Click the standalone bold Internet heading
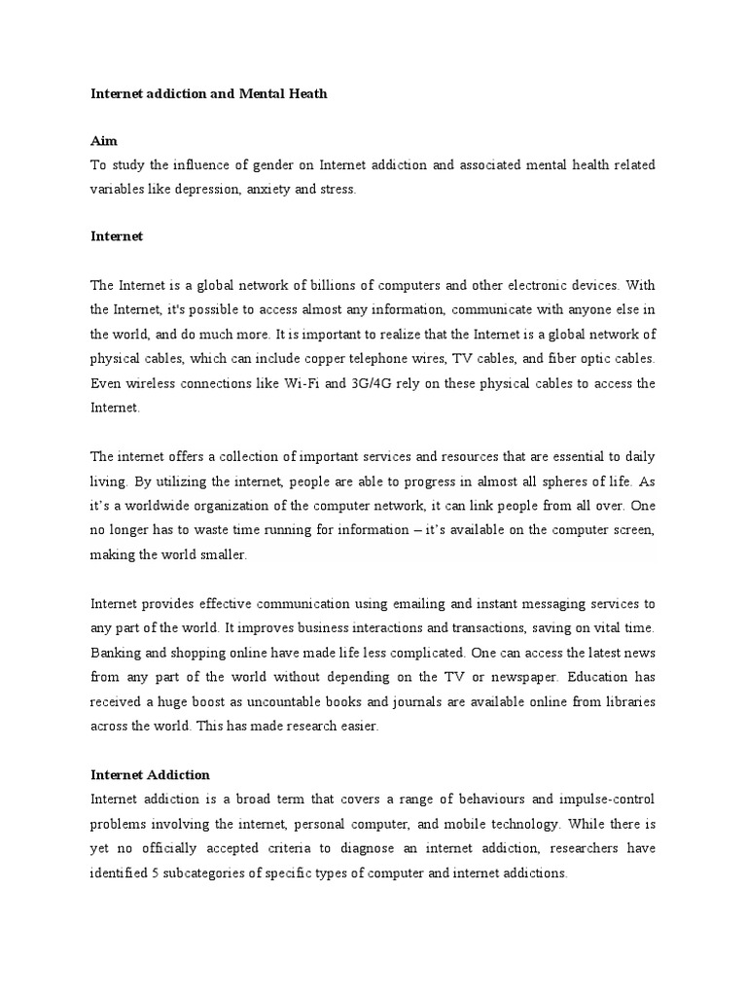pos(117,236)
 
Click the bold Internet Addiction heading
pos(150,775)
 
